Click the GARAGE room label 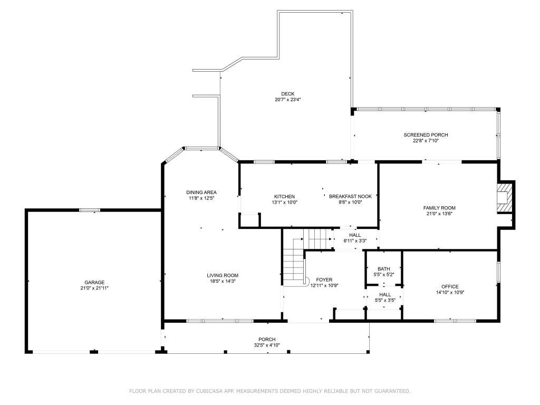(x=94, y=283)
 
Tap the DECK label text (x=288, y=94)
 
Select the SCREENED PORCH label (x=426, y=135)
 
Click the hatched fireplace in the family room (x=505, y=198)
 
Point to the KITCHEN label (x=284, y=197)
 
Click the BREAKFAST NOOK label (x=350, y=197)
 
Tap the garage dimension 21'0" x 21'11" (x=94, y=288)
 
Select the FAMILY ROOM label (x=439, y=208)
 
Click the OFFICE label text (x=450, y=286)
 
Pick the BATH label (x=384, y=269)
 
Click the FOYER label (x=324, y=280)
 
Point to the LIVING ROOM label (x=223, y=275)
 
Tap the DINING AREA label (x=201, y=192)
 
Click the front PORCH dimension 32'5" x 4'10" (x=267, y=345)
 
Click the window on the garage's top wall (x=90, y=210)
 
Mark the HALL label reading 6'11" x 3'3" (x=355, y=241)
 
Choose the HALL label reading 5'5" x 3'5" (x=385, y=300)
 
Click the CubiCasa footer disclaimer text (x=270, y=391)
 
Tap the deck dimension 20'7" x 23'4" (x=288, y=100)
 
